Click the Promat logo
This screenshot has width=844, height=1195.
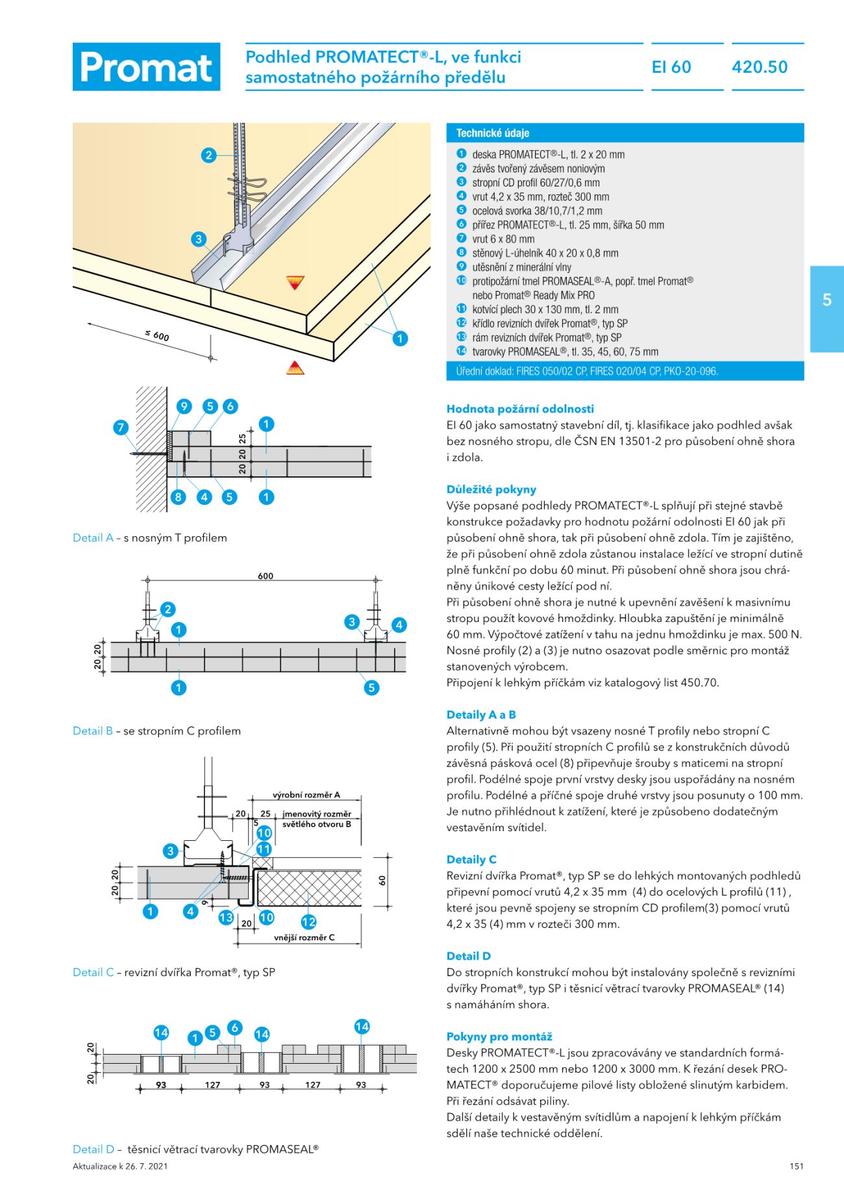tap(146, 67)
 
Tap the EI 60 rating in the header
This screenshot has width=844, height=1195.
tap(671, 67)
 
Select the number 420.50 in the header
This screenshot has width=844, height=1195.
tap(760, 67)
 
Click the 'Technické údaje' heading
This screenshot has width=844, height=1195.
tap(493, 133)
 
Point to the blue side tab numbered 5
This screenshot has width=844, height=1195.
tap(826, 309)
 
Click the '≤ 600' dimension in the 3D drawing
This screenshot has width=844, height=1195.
tap(157, 335)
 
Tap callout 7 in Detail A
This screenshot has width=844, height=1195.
tap(121, 428)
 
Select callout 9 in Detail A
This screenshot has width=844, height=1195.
tap(184, 407)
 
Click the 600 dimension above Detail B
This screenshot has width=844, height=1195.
tap(266, 576)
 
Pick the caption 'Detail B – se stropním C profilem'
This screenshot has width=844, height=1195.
tap(156, 731)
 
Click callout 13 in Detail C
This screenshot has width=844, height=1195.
tap(226, 918)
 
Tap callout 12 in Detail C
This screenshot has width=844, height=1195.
tap(308, 921)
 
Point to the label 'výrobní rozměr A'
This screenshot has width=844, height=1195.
tap(306, 795)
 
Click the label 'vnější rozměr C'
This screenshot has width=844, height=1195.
tap(304, 938)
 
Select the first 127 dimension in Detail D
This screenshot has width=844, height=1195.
tap(212, 1085)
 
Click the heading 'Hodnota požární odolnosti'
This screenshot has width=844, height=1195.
tap(520, 409)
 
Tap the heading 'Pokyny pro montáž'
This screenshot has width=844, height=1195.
tap(499, 1036)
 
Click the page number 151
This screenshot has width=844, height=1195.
tap(797, 1166)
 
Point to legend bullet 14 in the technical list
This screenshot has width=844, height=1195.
tap(462, 351)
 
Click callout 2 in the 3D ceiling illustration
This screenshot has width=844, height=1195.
tap(208, 155)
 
